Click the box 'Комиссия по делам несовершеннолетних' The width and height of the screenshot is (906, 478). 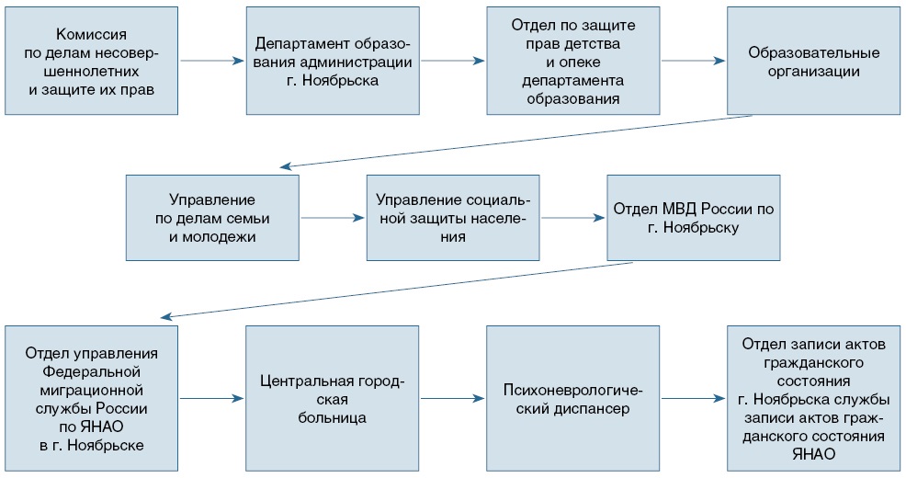pos(90,62)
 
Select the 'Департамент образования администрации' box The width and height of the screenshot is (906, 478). pos(333,62)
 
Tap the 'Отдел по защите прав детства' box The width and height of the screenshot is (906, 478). pos(573,62)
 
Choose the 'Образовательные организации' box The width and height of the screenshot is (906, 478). pos(814,62)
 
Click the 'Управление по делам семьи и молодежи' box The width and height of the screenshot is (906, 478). pos(212,218)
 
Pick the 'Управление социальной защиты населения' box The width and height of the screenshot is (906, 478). pos(453,218)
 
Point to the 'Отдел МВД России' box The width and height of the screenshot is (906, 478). pos(694,218)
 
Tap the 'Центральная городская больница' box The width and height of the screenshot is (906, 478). pos(333,399)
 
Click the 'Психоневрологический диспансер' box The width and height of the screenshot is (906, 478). pos(573,399)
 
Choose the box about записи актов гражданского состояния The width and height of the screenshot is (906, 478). pos(814,399)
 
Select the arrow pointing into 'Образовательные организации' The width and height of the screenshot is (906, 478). pos(694,62)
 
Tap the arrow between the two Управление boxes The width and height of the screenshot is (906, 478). pos(333,218)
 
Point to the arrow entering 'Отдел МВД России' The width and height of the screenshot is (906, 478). pos(573,218)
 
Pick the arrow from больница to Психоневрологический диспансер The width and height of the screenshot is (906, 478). pos(453,399)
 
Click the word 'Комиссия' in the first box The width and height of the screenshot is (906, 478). pos(90,33)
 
